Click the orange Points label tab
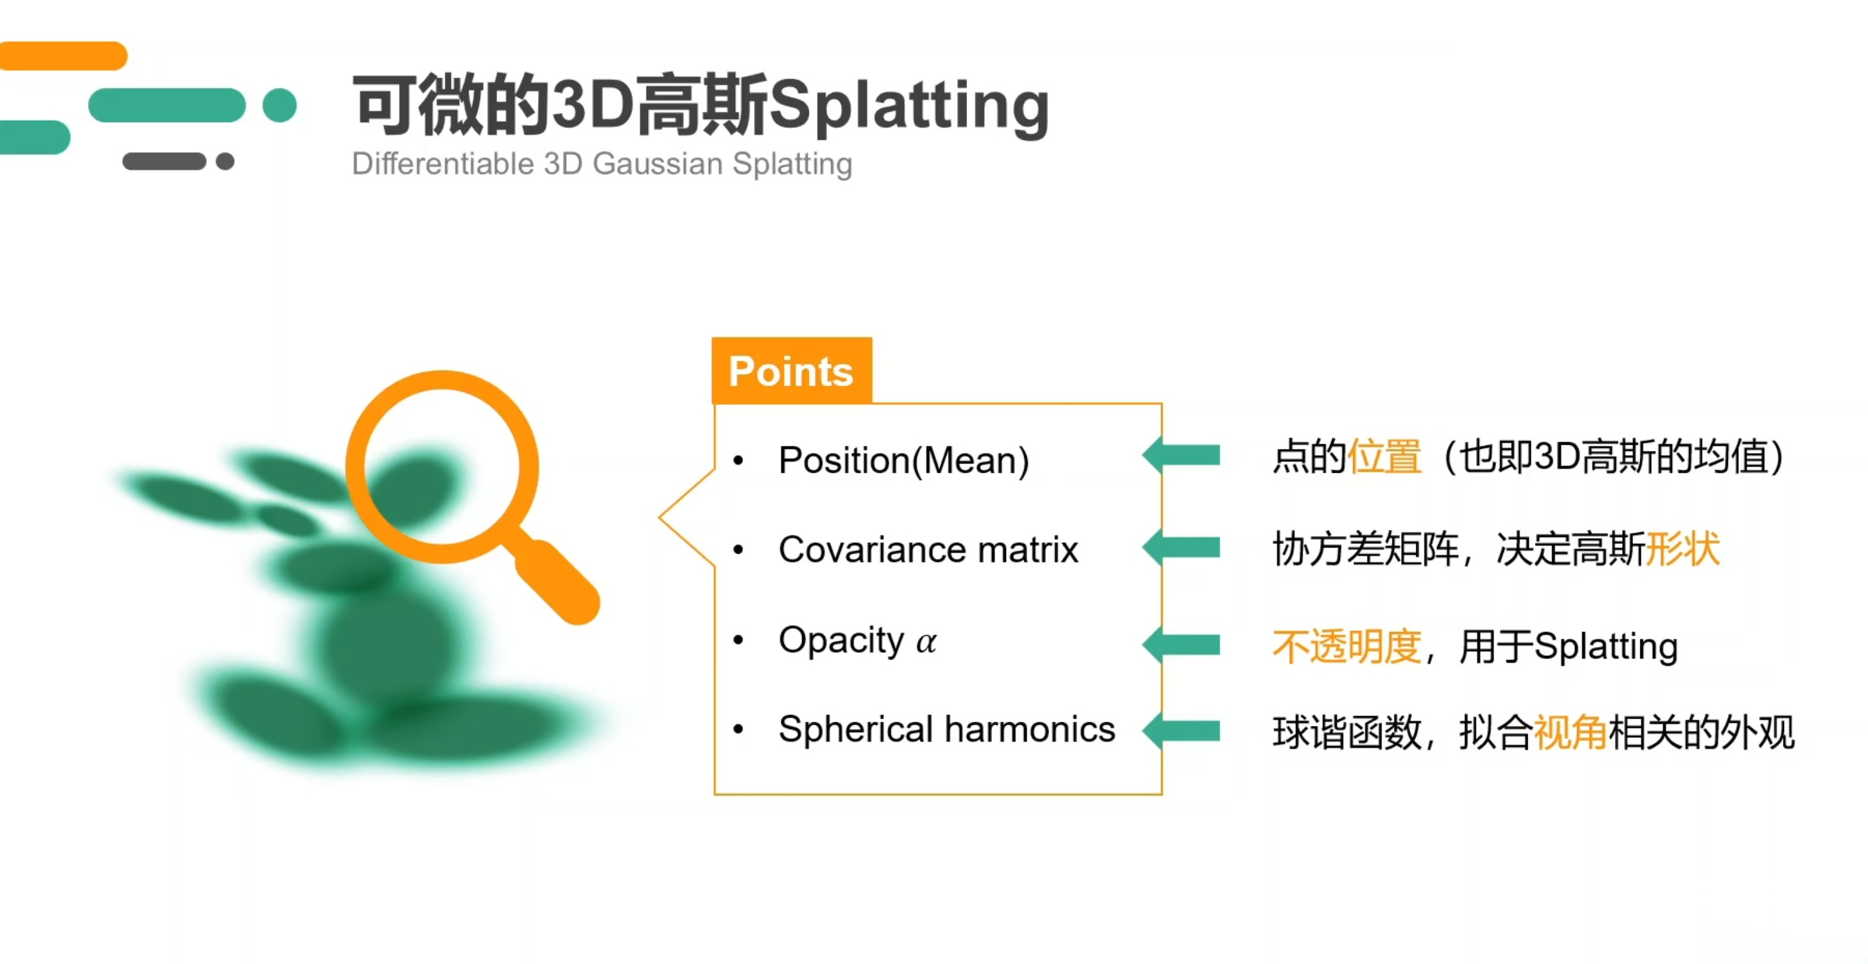[791, 370]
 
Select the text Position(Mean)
[904, 460]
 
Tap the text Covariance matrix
[928, 549]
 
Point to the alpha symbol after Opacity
[926, 643]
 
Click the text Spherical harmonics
[947, 730]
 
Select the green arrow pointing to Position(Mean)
[1181, 455]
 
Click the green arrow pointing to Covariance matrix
[1181, 548]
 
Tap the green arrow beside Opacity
[1181, 645]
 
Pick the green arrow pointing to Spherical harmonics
[1181, 731]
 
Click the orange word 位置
[1385, 456]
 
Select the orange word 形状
[1683, 549]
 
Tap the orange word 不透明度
[1348, 647]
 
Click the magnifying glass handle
[555, 580]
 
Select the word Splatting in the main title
[909, 107]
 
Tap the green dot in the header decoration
[280, 105]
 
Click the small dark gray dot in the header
[226, 161]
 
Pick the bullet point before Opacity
[738, 640]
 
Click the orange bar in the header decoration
[62, 56]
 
